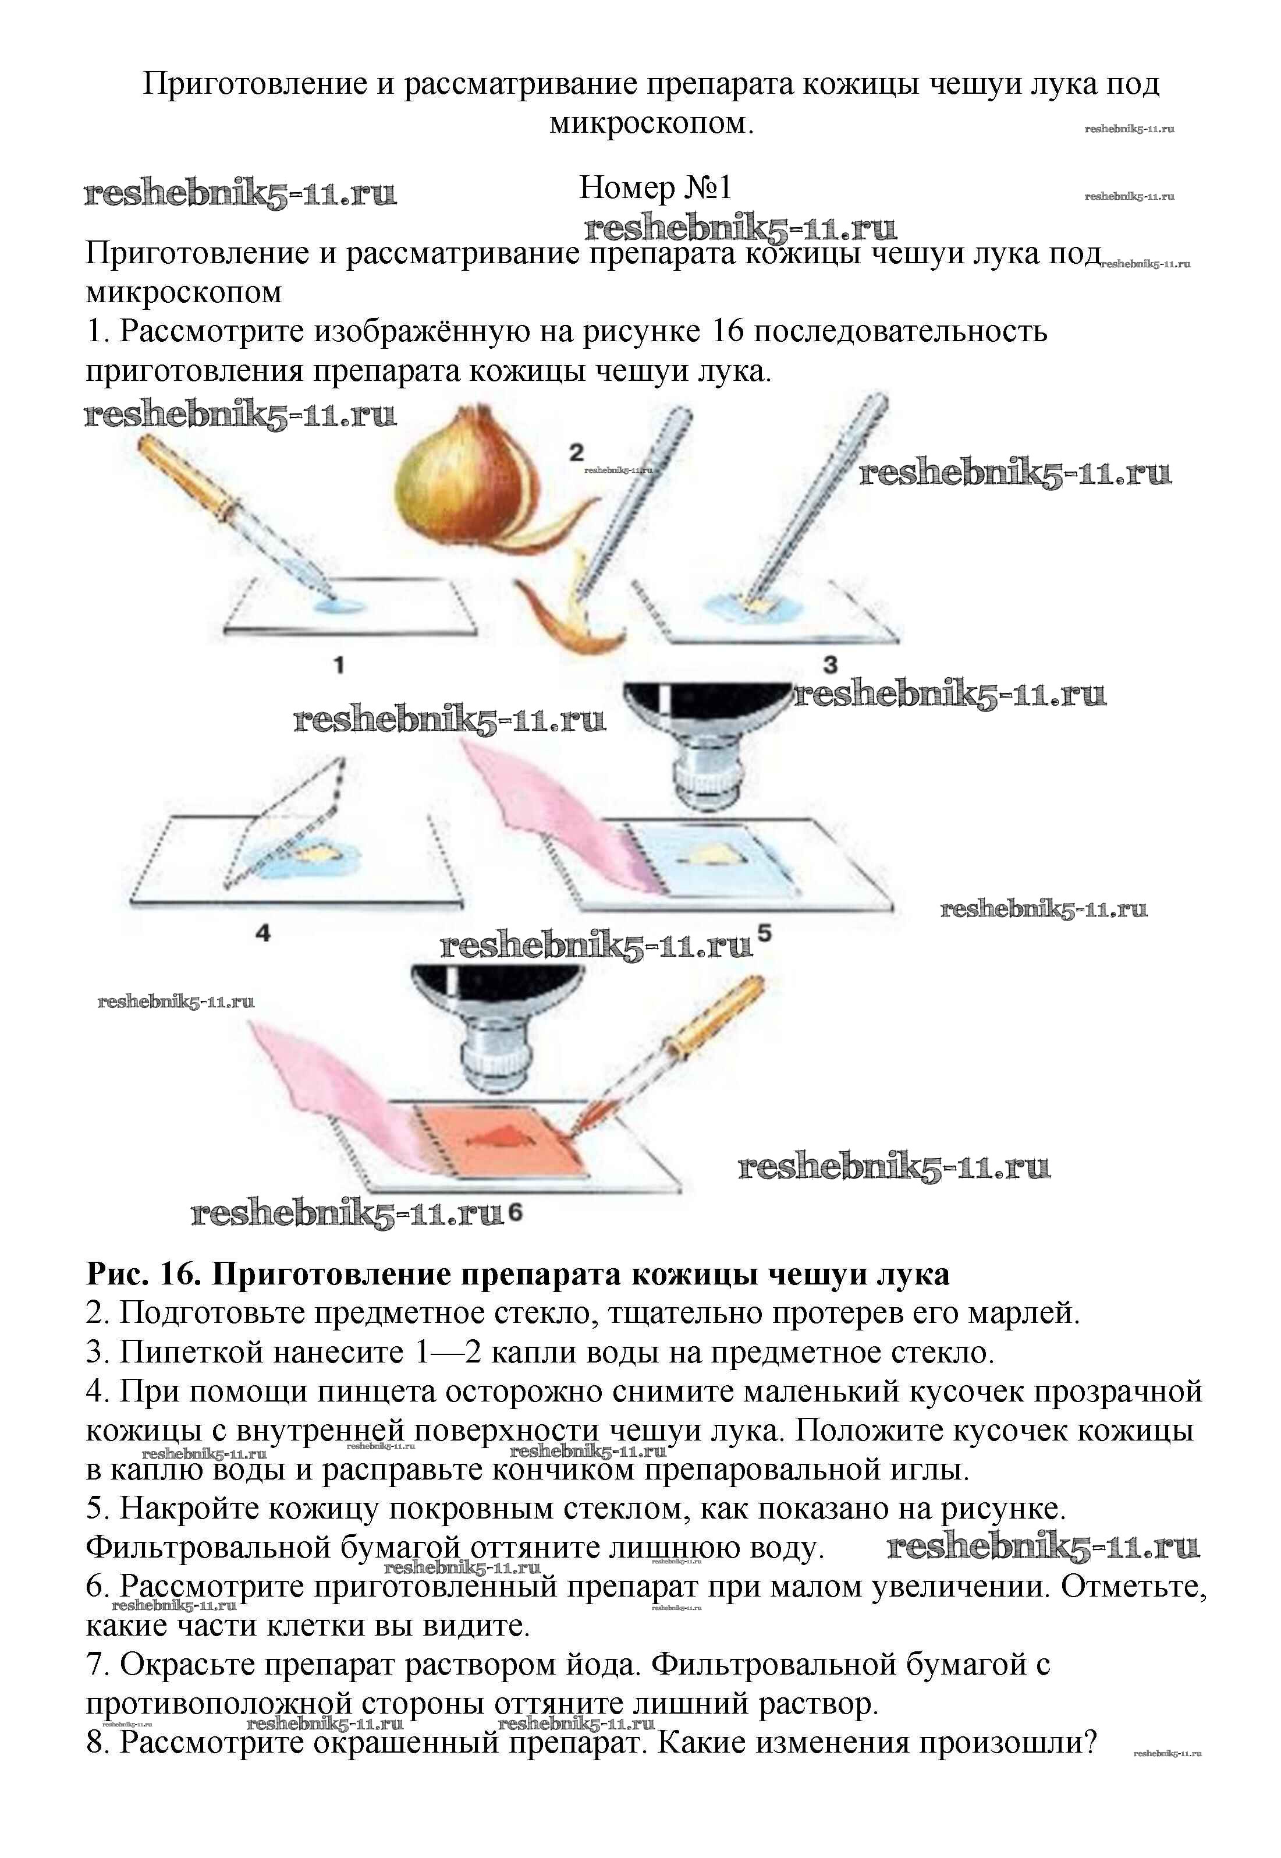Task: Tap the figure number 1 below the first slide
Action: (339, 665)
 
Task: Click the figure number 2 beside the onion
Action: (576, 453)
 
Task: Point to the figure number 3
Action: (830, 665)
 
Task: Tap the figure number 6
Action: (514, 1212)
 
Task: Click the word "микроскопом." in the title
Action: (652, 123)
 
